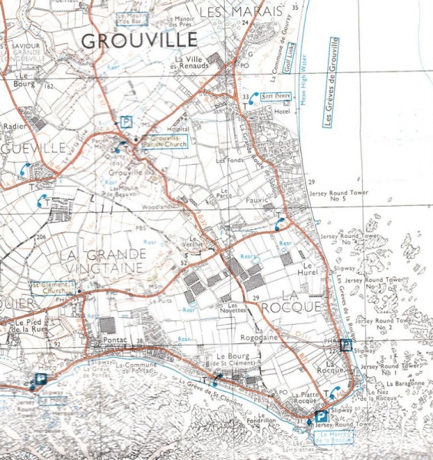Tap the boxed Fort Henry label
(278, 97)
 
